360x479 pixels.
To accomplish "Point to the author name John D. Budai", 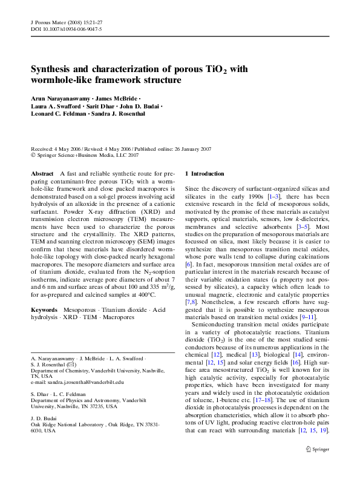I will tap(139, 106).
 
